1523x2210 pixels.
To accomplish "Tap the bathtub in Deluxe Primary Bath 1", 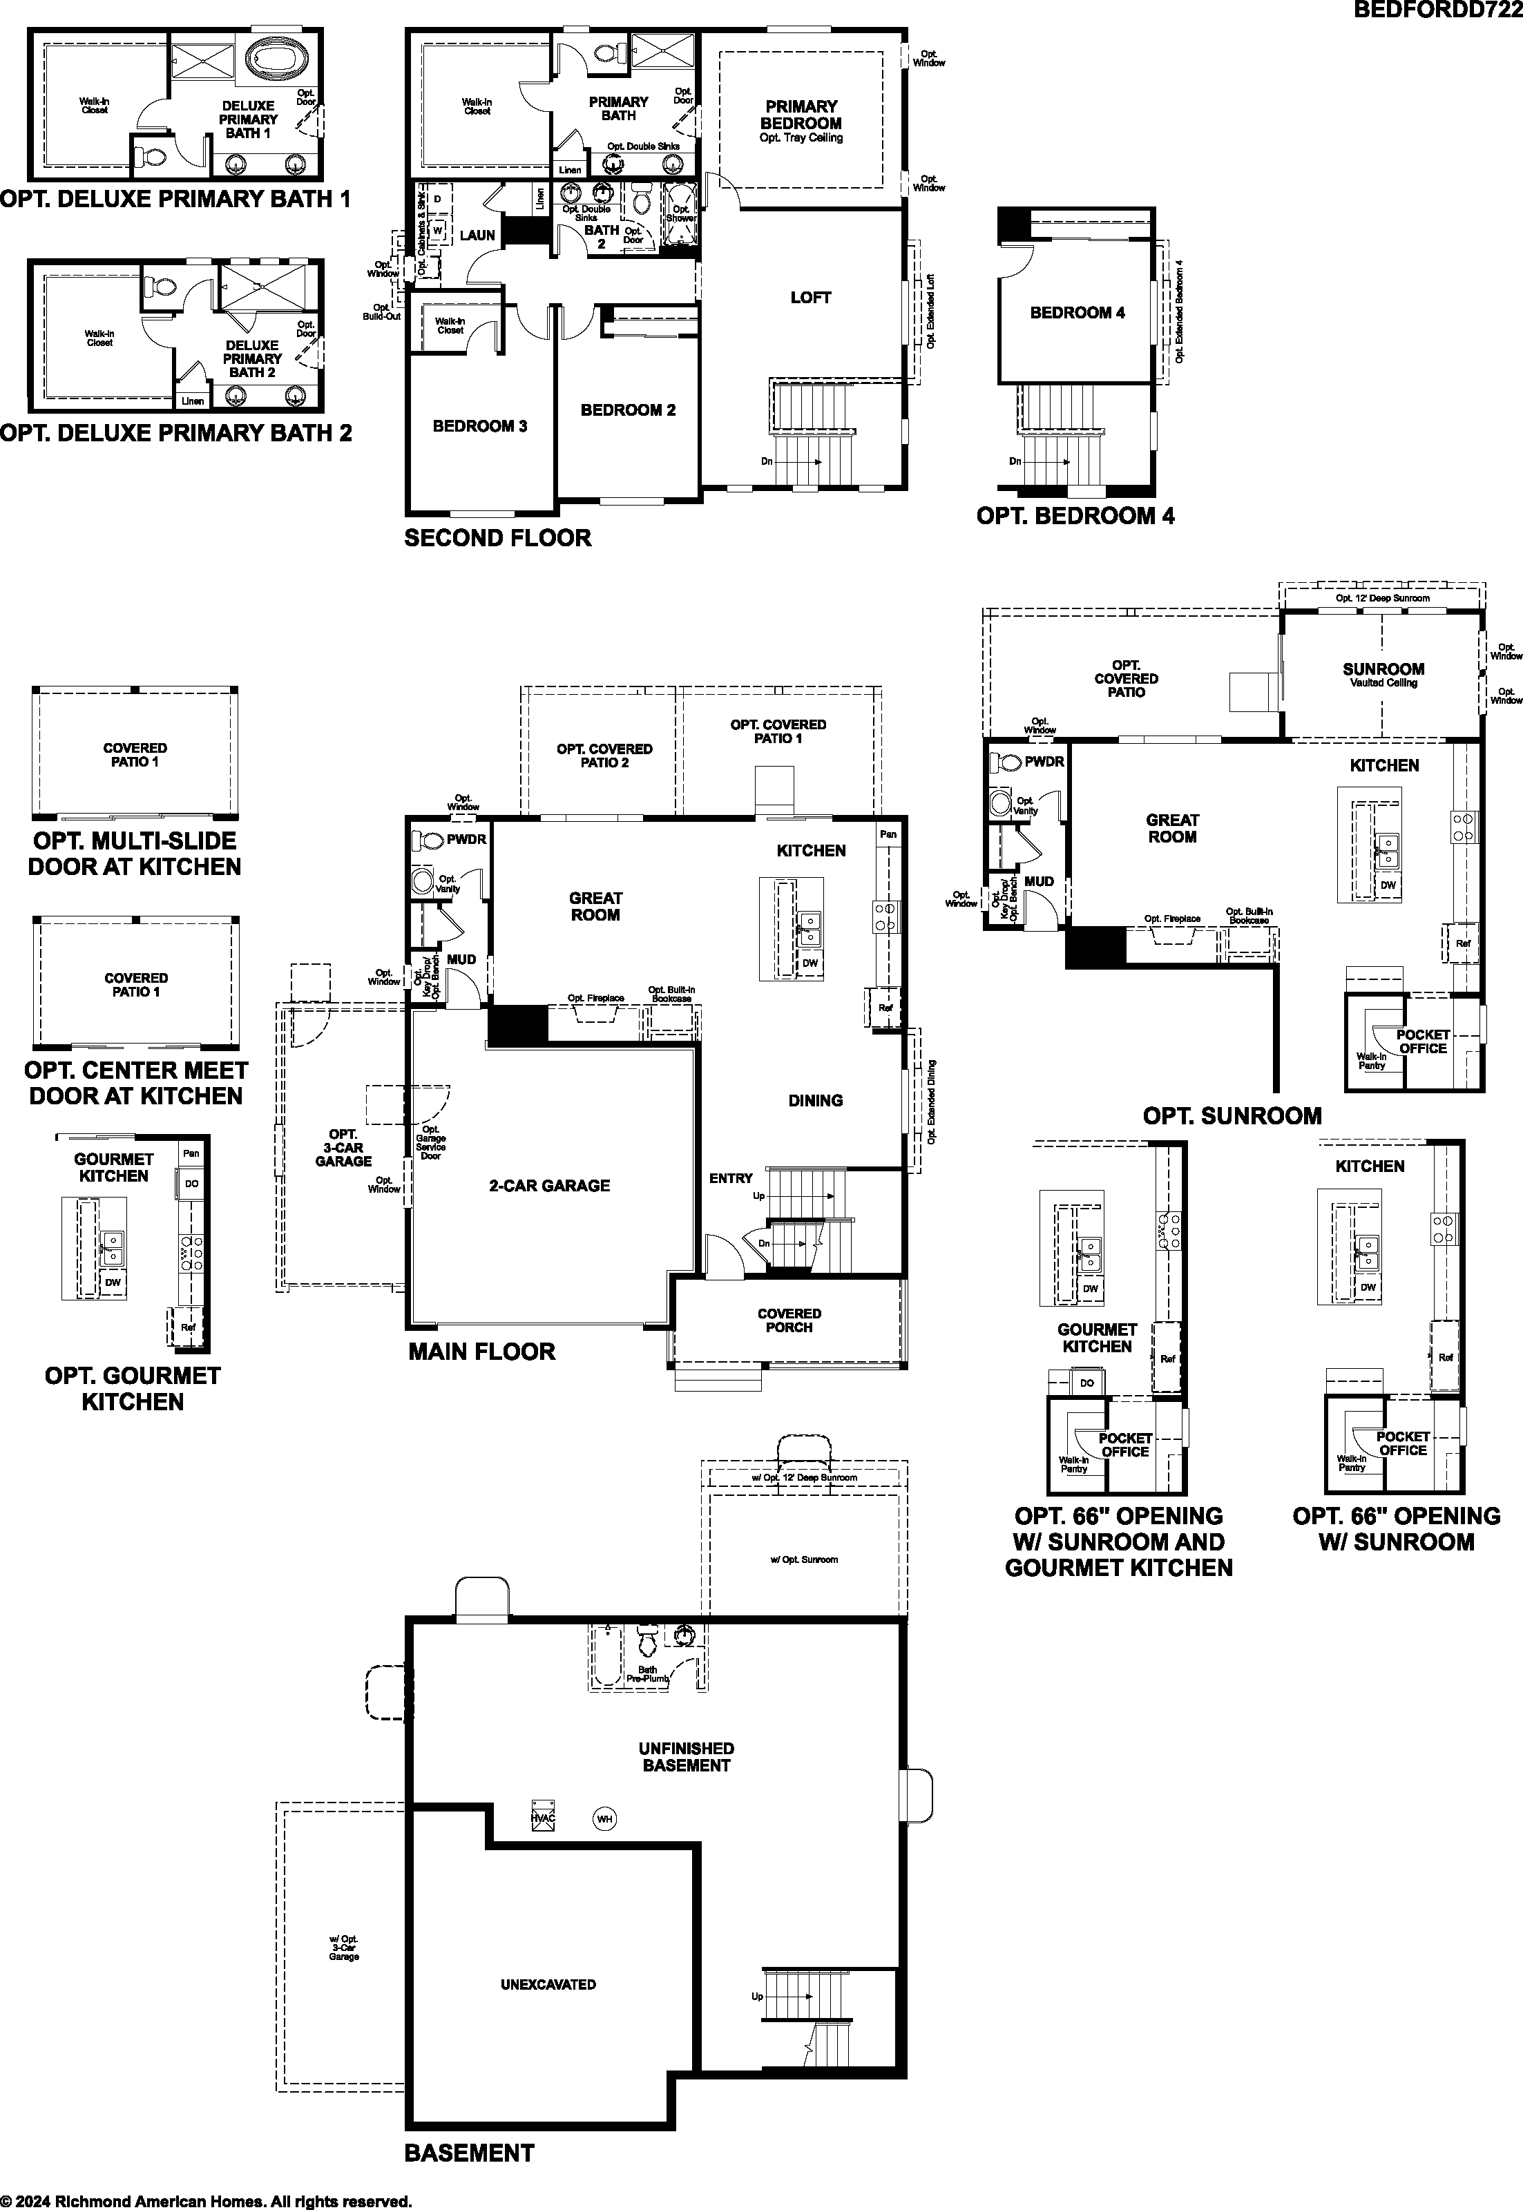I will click(x=275, y=60).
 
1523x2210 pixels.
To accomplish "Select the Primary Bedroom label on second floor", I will click(x=802, y=115).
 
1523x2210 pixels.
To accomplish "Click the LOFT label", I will click(x=810, y=298).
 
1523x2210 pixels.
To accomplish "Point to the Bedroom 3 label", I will click(x=479, y=427).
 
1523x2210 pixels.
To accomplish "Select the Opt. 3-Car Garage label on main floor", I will click(x=343, y=1148).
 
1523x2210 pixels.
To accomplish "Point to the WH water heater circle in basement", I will click(x=604, y=1819).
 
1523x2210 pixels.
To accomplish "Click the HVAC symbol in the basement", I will click(x=543, y=1814).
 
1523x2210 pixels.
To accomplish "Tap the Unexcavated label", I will click(x=548, y=1984).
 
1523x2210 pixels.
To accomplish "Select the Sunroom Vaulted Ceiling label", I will click(x=1383, y=675).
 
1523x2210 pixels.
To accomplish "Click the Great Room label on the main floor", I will click(x=595, y=907).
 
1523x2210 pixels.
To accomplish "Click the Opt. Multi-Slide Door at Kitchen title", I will click(x=135, y=854).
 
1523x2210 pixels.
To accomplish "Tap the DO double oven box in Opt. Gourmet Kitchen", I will click(x=192, y=1183).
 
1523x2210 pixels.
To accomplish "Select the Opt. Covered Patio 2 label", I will click(x=604, y=756).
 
